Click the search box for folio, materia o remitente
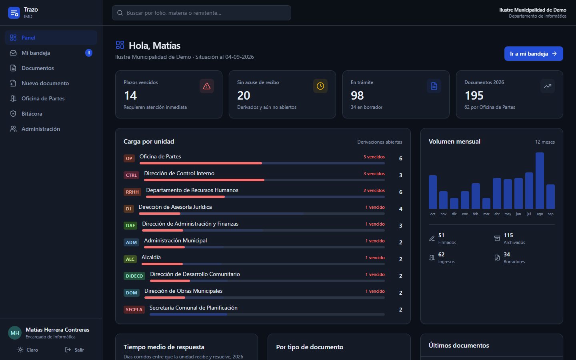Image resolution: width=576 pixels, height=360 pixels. coord(201,13)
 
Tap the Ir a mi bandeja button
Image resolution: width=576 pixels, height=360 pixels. coord(534,54)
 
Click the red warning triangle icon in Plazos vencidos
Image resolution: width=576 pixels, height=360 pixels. coord(207,86)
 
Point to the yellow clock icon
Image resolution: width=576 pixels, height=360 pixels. coord(320,86)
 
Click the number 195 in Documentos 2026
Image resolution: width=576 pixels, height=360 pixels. coord(474,95)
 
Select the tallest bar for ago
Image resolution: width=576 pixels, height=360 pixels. coord(540,180)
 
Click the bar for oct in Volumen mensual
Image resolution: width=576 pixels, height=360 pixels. coord(433,192)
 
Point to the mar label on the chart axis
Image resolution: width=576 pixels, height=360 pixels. coord(486,214)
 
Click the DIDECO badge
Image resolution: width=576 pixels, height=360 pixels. coord(134,276)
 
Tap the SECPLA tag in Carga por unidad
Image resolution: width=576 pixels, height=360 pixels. coord(134,309)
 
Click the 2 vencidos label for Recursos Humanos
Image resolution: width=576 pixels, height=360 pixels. coord(374,190)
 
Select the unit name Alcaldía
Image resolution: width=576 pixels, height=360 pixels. coord(151,257)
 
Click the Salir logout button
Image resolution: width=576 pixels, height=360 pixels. coord(74,350)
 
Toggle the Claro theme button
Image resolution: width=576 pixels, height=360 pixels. coord(28,350)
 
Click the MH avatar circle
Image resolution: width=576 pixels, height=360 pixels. coord(15,333)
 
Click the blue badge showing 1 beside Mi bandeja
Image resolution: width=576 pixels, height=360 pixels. coord(89,53)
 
